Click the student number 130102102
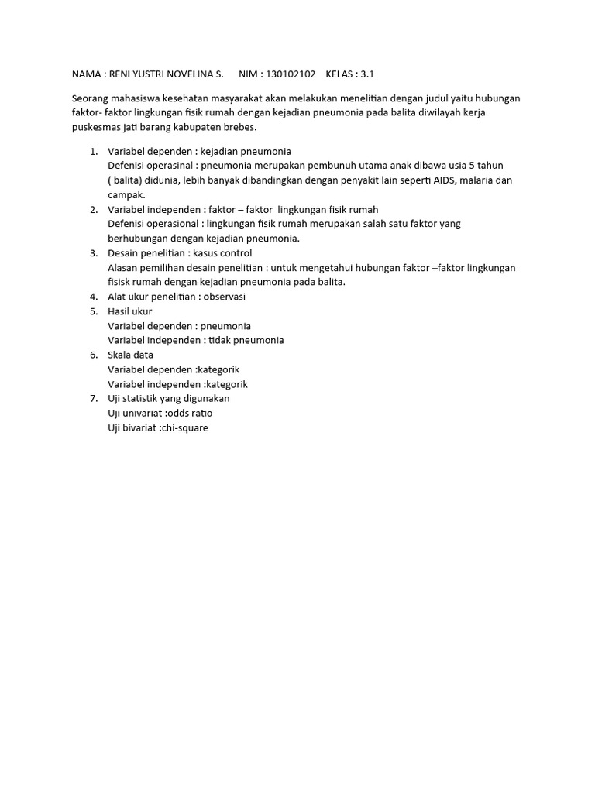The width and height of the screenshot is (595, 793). click(291, 74)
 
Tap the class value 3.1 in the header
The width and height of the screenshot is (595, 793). click(365, 74)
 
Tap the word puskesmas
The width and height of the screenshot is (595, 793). click(97, 128)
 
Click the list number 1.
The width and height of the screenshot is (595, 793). click(93, 151)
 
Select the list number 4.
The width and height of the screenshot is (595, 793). click(93, 297)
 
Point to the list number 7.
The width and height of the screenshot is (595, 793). click(93, 398)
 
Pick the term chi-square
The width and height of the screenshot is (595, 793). click(186, 427)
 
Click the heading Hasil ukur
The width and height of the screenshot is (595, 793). click(130, 311)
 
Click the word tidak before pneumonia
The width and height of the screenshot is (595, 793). click(223, 340)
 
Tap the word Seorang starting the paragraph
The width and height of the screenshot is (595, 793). click(91, 98)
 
